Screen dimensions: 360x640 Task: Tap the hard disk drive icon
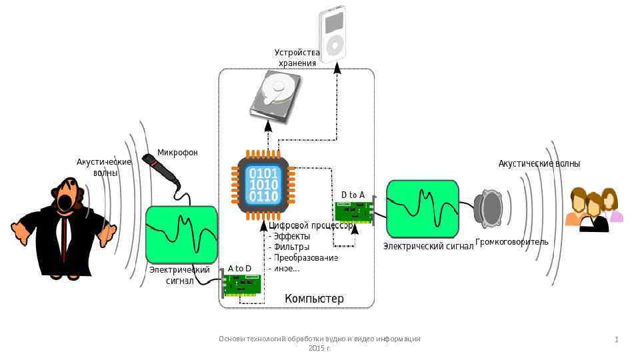[x=275, y=97]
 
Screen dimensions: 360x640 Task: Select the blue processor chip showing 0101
[x=264, y=184]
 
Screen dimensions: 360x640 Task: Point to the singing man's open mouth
[x=65, y=201]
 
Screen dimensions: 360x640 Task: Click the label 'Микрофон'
[x=177, y=153]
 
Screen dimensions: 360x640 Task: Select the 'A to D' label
[x=239, y=269]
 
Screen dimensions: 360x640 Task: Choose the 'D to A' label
[x=353, y=195]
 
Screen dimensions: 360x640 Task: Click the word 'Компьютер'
[x=314, y=298]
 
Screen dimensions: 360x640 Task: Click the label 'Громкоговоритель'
[x=512, y=241]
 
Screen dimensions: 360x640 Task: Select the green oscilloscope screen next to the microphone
[x=182, y=234]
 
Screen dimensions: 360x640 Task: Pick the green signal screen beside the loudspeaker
[x=423, y=208]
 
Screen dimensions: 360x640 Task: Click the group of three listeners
[x=594, y=209]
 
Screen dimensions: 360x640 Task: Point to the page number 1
[x=616, y=340]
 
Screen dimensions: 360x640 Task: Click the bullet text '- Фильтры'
[x=289, y=247]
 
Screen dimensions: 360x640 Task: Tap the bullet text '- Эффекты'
[x=289, y=236]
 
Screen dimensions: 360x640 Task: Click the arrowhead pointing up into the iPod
[x=337, y=68]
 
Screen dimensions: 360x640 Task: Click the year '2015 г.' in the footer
[x=319, y=348]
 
